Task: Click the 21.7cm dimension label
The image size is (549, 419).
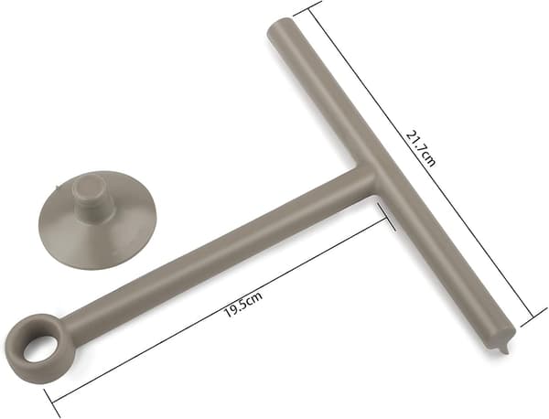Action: [421, 148]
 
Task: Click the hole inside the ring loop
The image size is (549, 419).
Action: [38, 349]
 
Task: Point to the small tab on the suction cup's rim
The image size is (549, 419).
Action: [57, 186]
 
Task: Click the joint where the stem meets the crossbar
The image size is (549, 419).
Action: [369, 177]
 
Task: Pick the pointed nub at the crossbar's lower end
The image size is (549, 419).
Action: [503, 349]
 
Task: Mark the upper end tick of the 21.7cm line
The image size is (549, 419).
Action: [307, 8]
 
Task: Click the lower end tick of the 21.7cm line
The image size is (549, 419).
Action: [533, 317]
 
